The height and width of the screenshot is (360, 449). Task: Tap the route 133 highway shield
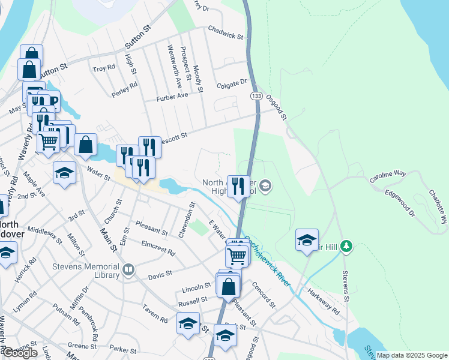click(x=256, y=96)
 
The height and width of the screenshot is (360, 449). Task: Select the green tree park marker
click(x=346, y=246)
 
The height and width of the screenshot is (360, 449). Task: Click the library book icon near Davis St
click(x=128, y=271)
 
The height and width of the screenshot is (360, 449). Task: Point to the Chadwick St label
click(x=225, y=32)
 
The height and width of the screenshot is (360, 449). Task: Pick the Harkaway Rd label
click(x=324, y=301)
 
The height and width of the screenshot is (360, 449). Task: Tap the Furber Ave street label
click(x=172, y=97)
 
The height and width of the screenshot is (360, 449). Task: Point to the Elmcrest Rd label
click(x=158, y=248)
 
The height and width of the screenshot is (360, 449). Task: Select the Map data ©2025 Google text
click(x=412, y=355)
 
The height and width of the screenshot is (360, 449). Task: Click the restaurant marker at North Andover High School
click(x=239, y=187)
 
